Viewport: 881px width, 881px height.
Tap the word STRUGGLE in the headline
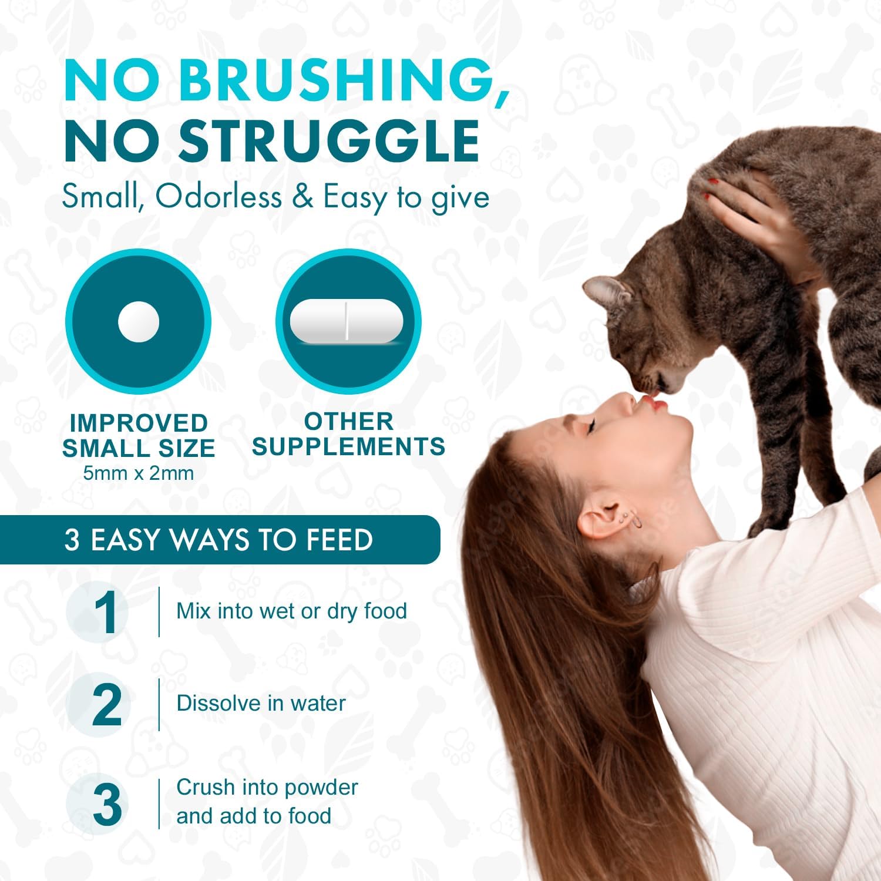click(329, 141)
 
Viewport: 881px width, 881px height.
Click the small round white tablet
click(139, 322)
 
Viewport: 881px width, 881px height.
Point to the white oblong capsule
click(347, 321)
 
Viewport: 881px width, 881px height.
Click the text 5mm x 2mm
click(139, 473)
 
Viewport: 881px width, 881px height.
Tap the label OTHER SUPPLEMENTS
click(348, 434)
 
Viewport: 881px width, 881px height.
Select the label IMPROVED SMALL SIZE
click(139, 435)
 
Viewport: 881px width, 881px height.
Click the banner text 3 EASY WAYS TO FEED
click(218, 540)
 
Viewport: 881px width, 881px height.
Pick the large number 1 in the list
click(106, 613)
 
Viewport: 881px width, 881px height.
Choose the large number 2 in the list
click(107, 705)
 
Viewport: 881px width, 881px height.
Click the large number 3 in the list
click(107, 805)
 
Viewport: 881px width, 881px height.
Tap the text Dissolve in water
click(261, 703)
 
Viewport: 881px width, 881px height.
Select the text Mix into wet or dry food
click(291, 611)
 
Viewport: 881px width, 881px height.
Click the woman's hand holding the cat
click(758, 217)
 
